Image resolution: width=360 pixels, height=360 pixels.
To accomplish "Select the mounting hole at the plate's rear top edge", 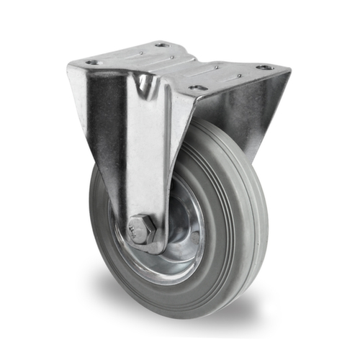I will (x=162, y=45).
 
